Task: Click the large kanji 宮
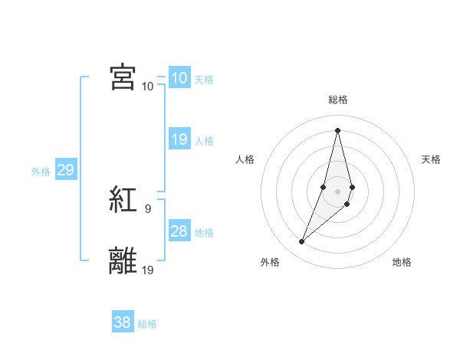(123, 77)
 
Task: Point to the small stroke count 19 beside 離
(149, 269)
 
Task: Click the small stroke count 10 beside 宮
(148, 86)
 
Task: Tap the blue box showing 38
(123, 322)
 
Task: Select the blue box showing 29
(65, 170)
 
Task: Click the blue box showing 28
(179, 231)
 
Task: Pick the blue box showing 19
(179, 139)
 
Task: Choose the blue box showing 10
(179, 77)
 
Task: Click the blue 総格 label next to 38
(148, 324)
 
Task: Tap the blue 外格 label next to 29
(41, 172)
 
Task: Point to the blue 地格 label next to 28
(204, 232)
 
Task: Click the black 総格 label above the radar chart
(337, 100)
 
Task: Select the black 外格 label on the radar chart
(270, 262)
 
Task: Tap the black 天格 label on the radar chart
(432, 159)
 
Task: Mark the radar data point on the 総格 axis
(337, 129)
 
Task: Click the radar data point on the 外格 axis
(302, 242)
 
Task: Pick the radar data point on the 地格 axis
(347, 204)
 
